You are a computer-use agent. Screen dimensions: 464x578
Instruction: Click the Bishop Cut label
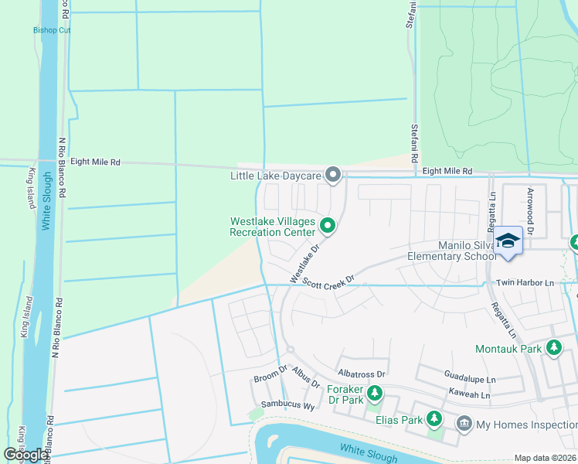coord(51,30)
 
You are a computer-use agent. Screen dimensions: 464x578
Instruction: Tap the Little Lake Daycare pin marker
coord(333,176)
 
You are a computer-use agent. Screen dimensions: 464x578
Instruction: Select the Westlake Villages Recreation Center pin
coord(328,226)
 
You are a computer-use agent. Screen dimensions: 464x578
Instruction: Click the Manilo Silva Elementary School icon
coord(508,241)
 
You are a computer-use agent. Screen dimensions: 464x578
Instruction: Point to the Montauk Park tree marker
coord(553,349)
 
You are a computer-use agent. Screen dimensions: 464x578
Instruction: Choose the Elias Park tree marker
coord(434,420)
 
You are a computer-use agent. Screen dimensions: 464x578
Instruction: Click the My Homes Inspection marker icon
coord(464,424)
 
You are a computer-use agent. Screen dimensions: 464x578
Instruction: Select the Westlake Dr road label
coord(304,264)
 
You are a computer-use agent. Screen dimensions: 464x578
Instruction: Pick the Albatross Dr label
coord(361,373)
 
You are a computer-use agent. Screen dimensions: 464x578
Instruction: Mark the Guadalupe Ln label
coord(470,379)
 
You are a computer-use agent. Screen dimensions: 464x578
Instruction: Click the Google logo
coord(26,455)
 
